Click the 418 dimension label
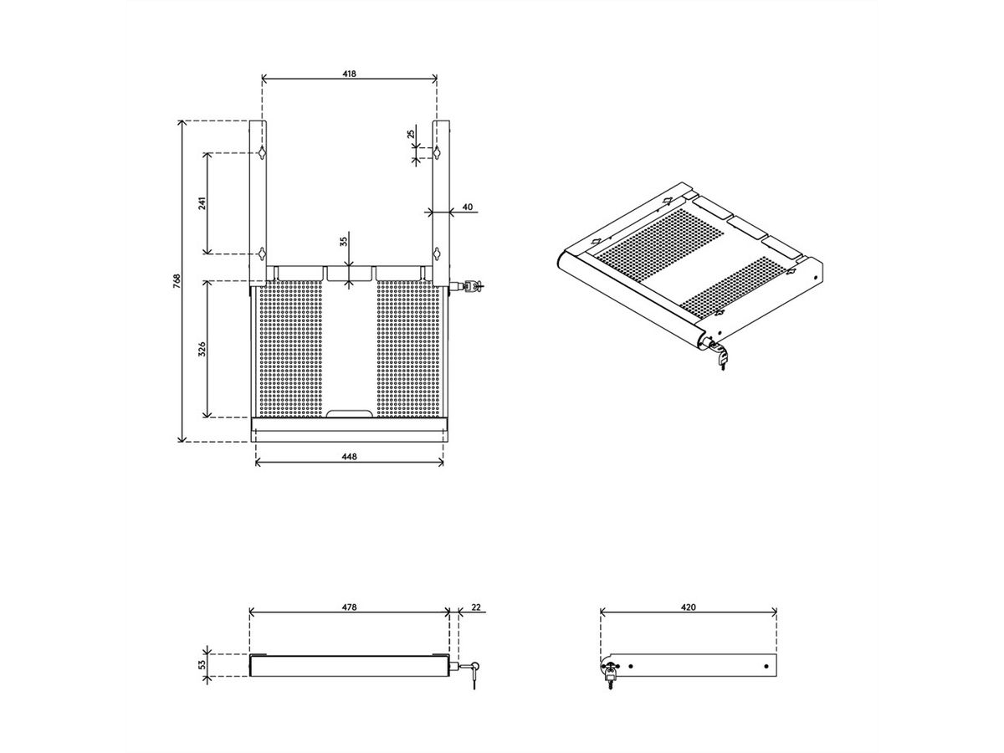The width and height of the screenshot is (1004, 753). tap(349, 74)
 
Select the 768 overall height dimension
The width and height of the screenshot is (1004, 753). tap(177, 281)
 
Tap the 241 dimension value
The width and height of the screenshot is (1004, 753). tap(202, 203)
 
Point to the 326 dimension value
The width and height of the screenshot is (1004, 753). tap(202, 349)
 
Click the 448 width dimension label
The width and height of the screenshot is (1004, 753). tap(349, 456)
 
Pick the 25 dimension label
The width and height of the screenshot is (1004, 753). tap(411, 134)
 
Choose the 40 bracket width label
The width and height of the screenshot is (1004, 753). tap(468, 207)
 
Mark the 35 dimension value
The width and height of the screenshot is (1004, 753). tap(344, 242)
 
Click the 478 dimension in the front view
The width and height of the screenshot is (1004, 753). tap(349, 607)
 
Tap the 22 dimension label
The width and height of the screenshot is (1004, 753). tap(476, 607)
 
